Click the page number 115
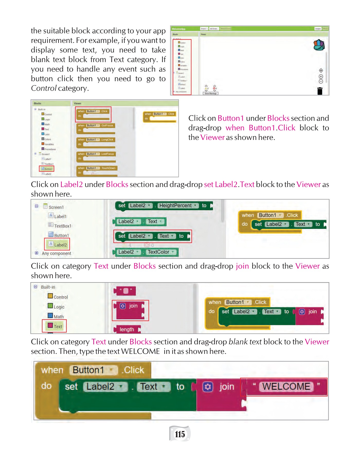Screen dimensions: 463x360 point(180,434)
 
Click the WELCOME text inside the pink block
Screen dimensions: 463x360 point(286,387)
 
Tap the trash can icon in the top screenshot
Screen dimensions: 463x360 point(320,91)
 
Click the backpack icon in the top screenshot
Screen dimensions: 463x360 point(319,45)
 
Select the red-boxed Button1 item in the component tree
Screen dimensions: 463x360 point(47,169)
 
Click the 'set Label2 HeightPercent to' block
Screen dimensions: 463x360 point(164,206)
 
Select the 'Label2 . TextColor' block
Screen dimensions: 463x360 point(145,252)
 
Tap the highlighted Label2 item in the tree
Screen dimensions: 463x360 point(58,245)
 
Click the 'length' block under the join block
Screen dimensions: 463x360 point(127,329)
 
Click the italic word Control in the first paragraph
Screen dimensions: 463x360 point(44,88)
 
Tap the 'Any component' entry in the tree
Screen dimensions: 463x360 point(56,253)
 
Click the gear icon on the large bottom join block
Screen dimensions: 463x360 point(208,387)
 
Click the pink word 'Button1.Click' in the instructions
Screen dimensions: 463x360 point(272,128)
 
